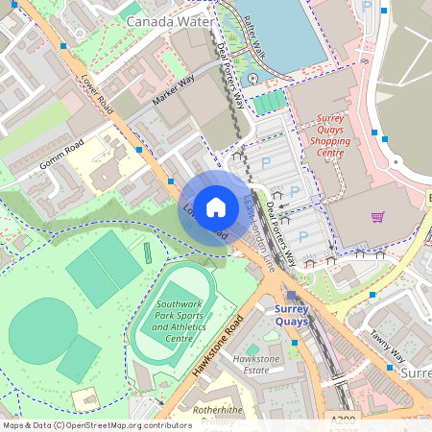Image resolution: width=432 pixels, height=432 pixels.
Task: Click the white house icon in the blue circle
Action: (216, 206)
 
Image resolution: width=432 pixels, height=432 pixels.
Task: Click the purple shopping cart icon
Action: (377, 217)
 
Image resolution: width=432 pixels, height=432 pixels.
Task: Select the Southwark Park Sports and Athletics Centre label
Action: (165, 322)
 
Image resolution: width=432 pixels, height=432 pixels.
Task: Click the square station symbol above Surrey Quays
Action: (291, 296)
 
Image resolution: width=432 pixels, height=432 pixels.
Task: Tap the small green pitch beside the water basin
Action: (269, 101)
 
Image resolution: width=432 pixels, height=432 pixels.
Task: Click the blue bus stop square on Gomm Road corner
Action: (140, 150)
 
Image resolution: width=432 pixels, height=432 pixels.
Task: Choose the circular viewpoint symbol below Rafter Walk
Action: (252, 77)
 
